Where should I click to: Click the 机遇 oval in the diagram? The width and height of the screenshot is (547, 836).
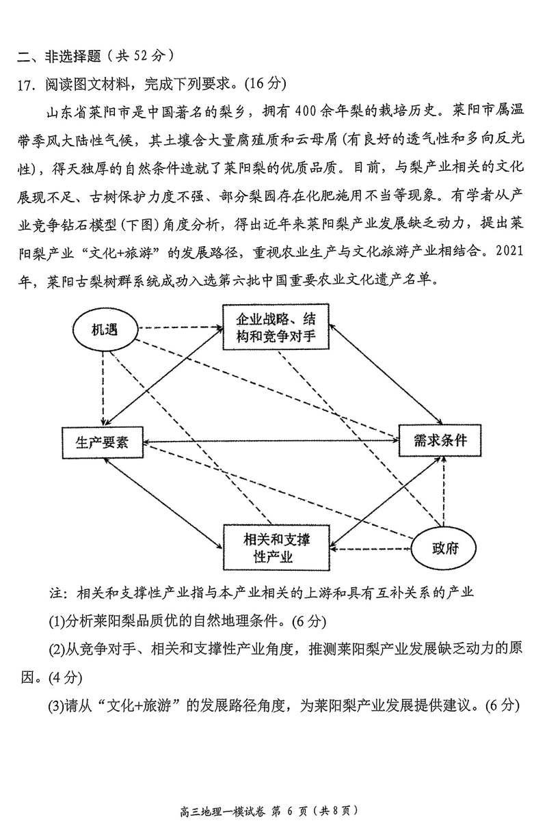click(x=105, y=330)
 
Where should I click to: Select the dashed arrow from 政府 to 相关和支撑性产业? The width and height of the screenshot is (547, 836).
click(x=373, y=548)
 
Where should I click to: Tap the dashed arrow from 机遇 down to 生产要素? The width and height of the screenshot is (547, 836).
click(x=103, y=390)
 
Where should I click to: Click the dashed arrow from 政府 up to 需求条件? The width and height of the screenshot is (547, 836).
click(x=445, y=492)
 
